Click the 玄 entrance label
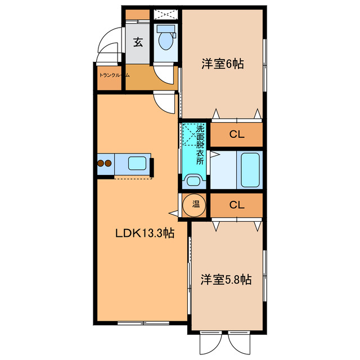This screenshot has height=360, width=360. pyautogui.click(x=138, y=41)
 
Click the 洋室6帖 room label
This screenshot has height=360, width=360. pyautogui.click(x=223, y=64)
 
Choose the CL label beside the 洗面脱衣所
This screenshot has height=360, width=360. pyautogui.click(x=236, y=135)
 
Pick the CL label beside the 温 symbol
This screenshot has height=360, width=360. pyautogui.click(x=236, y=205)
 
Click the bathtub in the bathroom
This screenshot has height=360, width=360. pyautogui.click(x=250, y=170)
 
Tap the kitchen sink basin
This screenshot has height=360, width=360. pyautogui.click(x=138, y=164)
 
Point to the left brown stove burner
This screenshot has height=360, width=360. pyautogui.click(x=102, y=164)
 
